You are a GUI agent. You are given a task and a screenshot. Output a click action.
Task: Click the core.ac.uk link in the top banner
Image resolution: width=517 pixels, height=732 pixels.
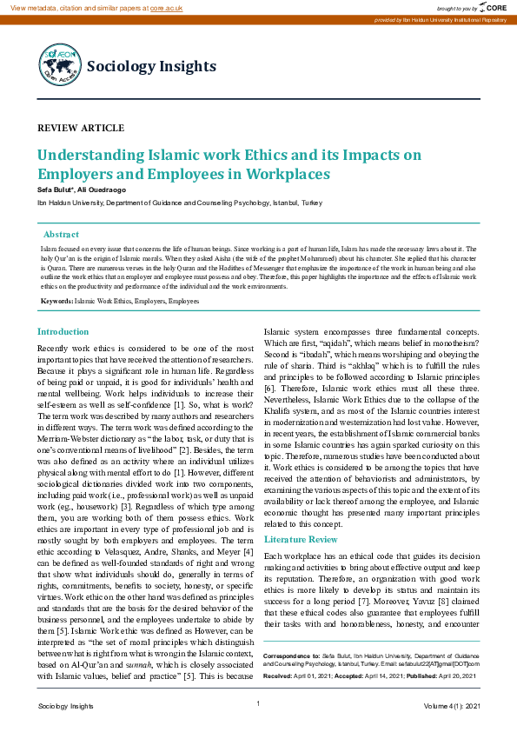(166, 7)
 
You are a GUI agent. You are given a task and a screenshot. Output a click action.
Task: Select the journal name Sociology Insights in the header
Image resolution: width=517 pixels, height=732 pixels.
(151, 66)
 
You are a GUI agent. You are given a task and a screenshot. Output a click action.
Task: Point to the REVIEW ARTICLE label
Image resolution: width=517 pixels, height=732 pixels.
(81, 128)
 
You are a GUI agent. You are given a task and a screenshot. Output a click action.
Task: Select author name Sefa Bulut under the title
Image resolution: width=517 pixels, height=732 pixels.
(56, 190)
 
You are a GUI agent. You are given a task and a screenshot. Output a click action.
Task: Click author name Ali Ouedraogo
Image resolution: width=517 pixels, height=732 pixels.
(103, 190)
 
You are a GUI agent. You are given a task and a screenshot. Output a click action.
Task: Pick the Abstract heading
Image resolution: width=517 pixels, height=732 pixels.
(61, 235)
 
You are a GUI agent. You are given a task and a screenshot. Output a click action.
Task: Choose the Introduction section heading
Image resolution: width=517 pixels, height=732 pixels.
(63, 331)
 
